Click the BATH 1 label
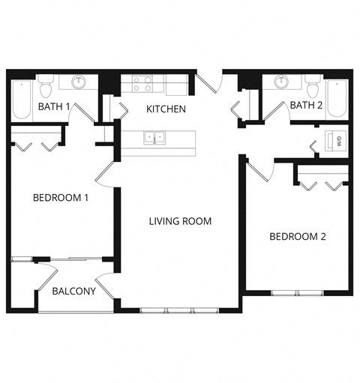coord(54,106)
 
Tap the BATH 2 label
coord(306,105)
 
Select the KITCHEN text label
coord(166,109)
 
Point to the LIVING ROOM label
coord(180,221)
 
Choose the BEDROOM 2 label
coord(298,237)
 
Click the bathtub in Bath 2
coord(337,97)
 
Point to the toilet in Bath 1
coord(46,87)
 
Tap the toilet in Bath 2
coord(313,86)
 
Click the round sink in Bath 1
coord(78,82)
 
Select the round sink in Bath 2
coord(282,82)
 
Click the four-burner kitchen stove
coord(142,83)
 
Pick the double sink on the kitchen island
coord(156,136)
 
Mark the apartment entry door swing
coord(210,82)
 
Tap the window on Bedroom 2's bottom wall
coord(296,292)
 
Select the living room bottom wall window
coord(178,310)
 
